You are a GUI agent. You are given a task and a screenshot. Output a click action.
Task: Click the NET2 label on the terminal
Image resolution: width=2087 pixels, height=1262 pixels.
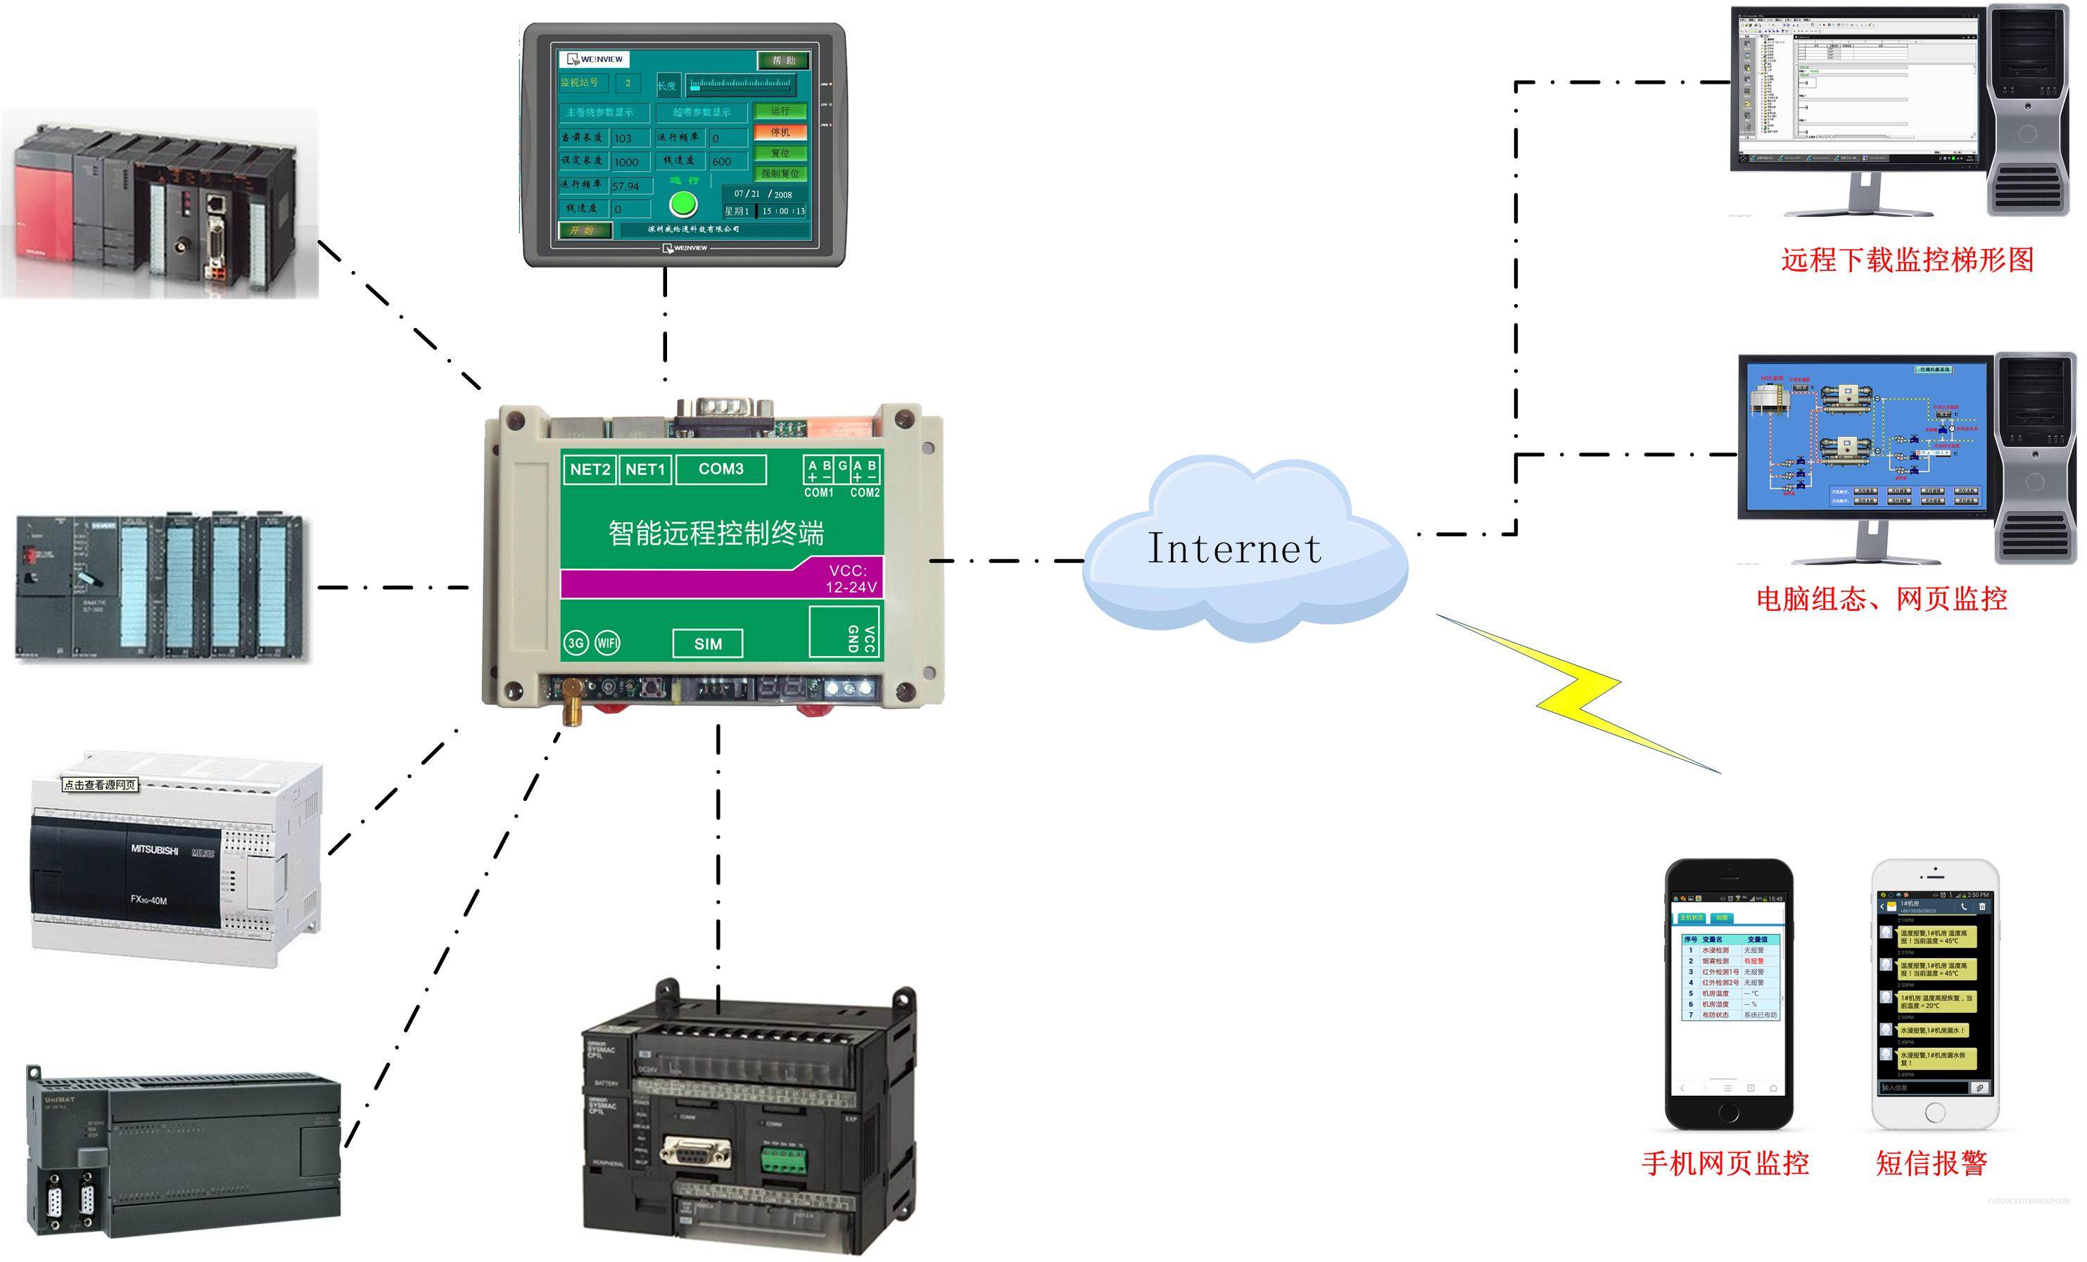pyautogui.click(x=590, y=469)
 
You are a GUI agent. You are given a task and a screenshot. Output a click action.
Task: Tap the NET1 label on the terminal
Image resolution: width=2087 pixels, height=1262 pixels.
pyautogui.click(x=645, y=469)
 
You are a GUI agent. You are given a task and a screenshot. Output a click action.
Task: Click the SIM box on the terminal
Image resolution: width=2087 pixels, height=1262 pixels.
pyautogui.click(x=707, y=644)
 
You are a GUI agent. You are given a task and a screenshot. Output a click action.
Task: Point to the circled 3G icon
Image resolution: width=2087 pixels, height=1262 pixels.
pyautogui.click(x=576, y=643)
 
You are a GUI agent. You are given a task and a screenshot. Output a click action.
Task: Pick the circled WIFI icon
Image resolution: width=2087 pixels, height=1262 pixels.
pyautogui.click(x=607, y=643)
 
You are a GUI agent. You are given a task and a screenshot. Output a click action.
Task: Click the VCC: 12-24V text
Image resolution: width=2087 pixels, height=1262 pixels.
pyautogui.click(x=851, y=579)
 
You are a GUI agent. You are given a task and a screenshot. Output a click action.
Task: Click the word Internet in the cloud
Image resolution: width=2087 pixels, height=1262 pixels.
pyautogui.click(x=1233, y=549)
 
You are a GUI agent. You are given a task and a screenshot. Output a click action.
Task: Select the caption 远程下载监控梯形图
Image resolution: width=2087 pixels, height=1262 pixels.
pyautogui.click(x=1907, y=260)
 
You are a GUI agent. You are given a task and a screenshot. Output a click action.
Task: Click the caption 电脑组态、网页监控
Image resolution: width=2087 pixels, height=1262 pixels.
pyautogui.click(x=1881, y=600)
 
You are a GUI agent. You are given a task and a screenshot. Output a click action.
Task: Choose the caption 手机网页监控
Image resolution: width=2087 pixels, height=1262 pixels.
pyautogui.click(x=1725, y=1163)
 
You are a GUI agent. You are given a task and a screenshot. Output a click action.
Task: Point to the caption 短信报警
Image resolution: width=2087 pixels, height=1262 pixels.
pyautogui.click(x=1931, y=1163)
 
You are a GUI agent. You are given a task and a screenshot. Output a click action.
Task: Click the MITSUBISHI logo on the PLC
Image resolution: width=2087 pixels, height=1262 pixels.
pyautogui.click(x=154, y=850)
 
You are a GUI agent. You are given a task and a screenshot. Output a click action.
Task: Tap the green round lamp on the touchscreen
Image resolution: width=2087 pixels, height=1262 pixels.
pyautogui.click(x=683, y=204)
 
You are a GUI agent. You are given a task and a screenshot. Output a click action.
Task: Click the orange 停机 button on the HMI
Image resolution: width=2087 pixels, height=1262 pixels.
pyautogui.click(x=779, y=132)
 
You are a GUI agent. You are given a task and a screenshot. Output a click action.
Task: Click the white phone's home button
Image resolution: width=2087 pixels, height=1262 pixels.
pyautogui.click(x=1934, y=1112)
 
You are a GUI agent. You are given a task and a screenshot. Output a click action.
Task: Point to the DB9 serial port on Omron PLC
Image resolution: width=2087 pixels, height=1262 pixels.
pyautogui.click(x=694, y=1153)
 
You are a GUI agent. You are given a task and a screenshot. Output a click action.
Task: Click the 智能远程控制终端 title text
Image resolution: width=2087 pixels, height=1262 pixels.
pyautogui.click(x=716, y=533)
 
